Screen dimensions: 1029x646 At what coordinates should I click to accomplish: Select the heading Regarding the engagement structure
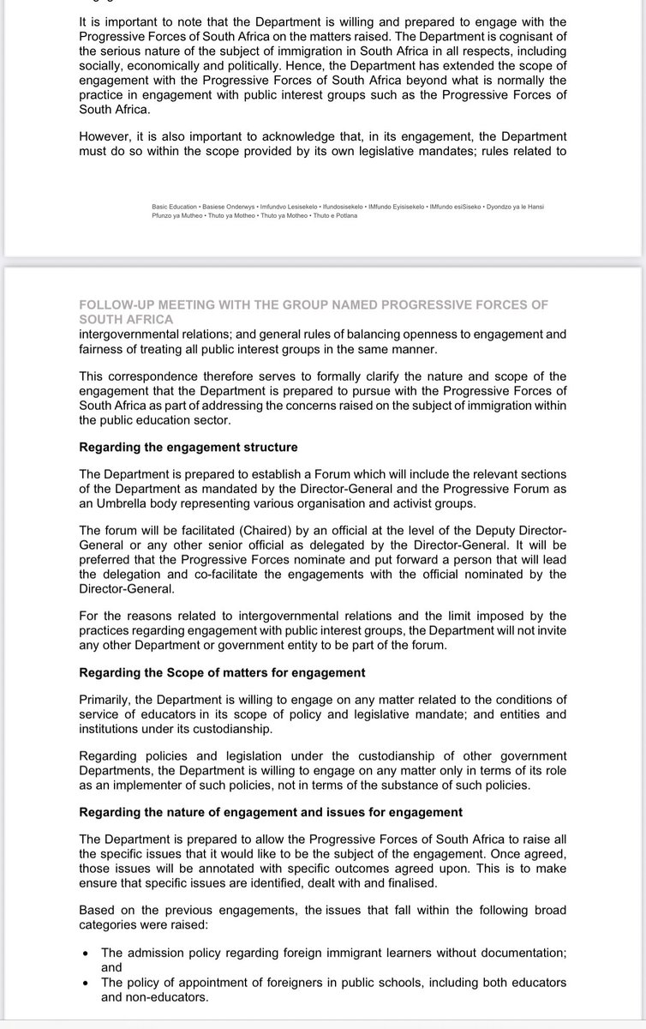pyautogui.click(x=188, y=447)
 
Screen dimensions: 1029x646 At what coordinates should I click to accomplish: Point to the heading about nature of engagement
pyautogui.click(x=271, y=811)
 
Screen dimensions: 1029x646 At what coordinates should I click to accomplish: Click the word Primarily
pyautogui.click(x=106, y=699)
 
